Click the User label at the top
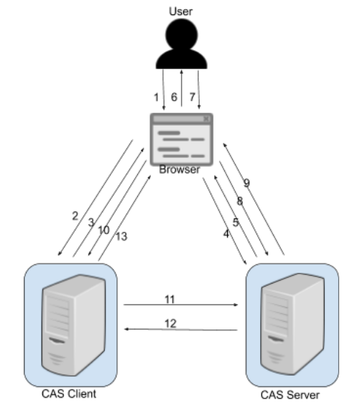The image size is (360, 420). (x=180, y=11)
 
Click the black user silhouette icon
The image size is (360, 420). (x=180, y=45)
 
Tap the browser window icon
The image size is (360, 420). (x=181, y=140)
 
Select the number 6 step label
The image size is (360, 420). (x=173, y=96)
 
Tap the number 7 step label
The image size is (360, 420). (x=191, y=96)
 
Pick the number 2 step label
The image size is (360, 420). (x=75, y=215)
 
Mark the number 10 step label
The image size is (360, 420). (x=104, y=230)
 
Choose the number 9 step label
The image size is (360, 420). (x=246, y=182)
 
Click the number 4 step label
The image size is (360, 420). (x=226, y=234)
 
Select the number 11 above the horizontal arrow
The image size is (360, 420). (x=170, y=297)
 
